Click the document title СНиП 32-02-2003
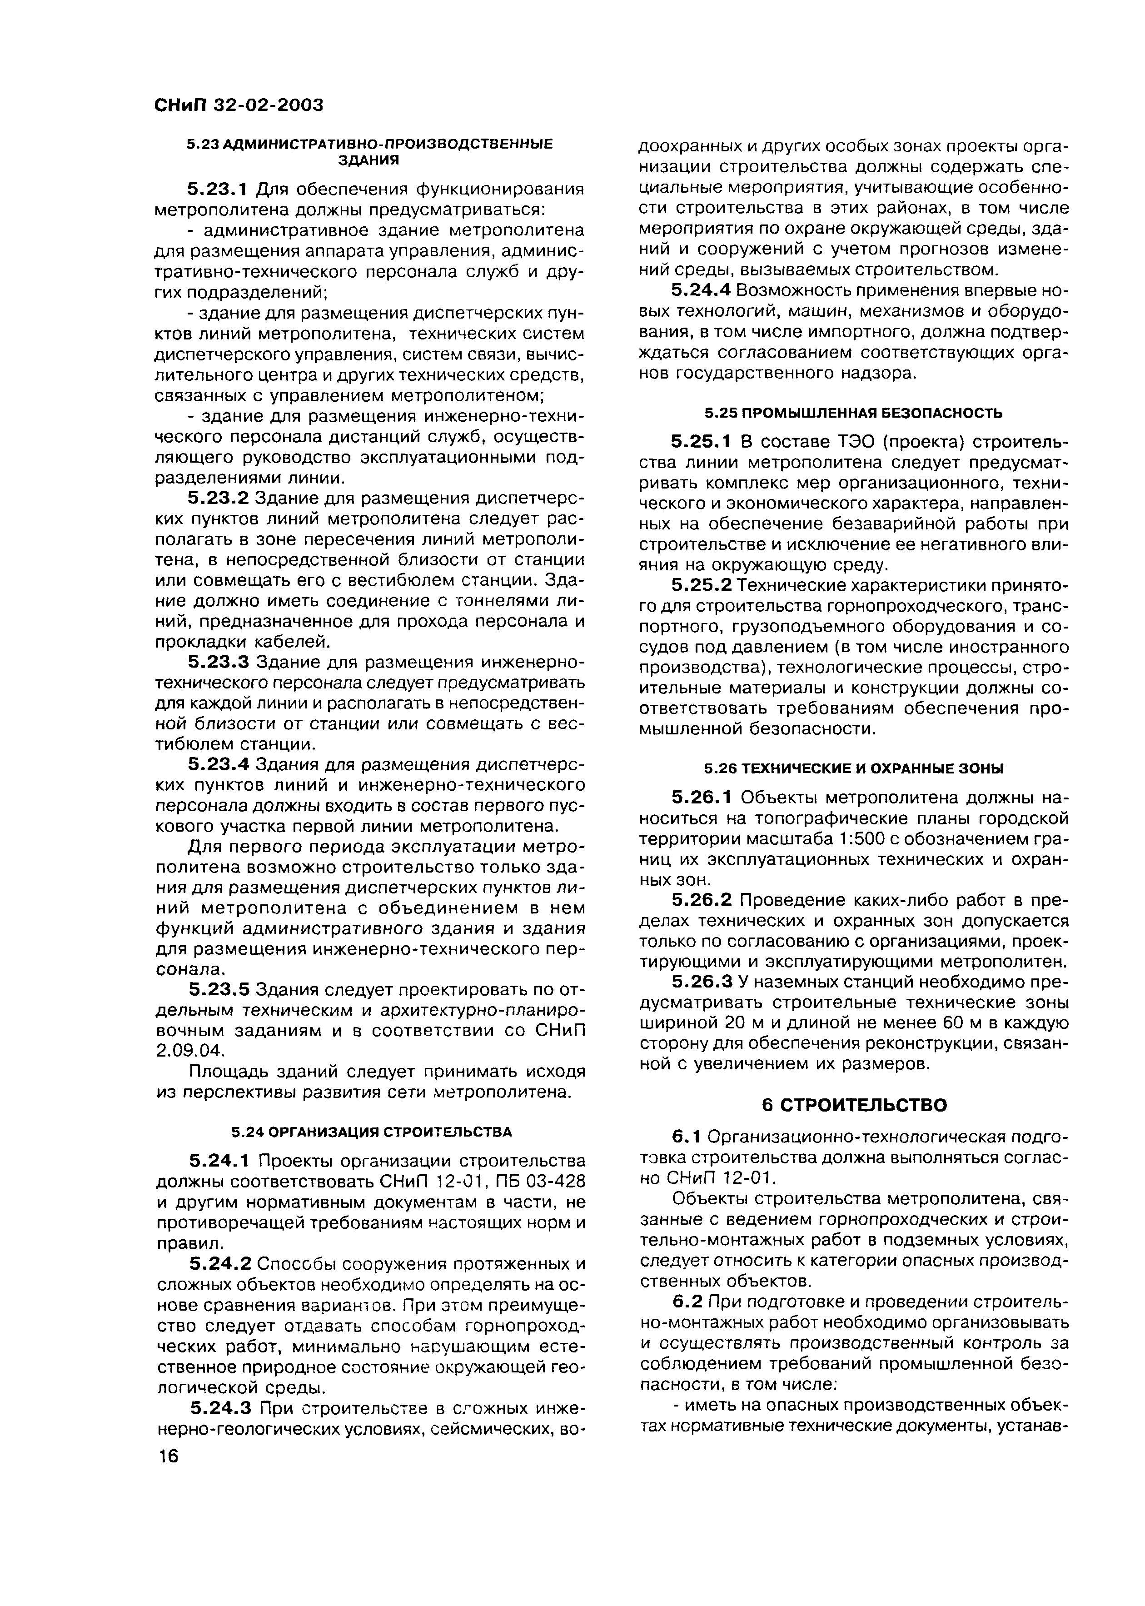(x=238, y=105)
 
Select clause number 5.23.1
(x=219, y=189)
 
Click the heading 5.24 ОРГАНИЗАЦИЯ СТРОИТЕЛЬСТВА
(x=372, y=1132)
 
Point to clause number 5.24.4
(x=703, y=290)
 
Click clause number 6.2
(x=688, y=1302)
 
